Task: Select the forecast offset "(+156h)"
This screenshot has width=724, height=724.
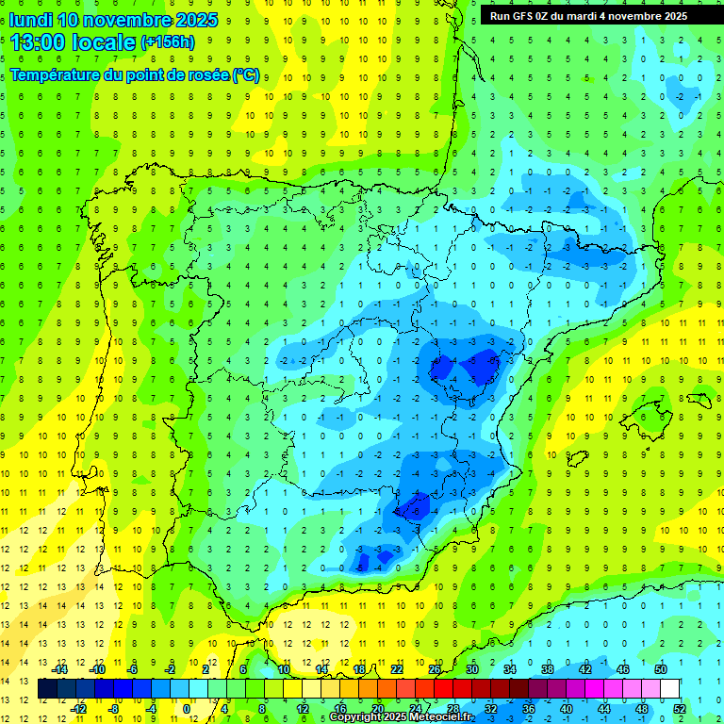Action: pos(168,41)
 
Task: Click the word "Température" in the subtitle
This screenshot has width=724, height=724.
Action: pos(55,75)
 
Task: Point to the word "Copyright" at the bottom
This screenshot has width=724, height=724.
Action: pos(356,717)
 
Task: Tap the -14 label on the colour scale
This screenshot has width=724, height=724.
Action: pos(60,669)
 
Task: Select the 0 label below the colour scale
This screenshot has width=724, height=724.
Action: pos(187,709)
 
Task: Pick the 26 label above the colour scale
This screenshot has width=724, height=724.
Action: pos(435,669)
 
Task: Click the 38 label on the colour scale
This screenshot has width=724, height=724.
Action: pos(547,669)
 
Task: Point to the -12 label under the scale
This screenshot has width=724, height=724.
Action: pos(79,709)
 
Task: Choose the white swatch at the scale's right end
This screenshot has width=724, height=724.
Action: pos(670,689)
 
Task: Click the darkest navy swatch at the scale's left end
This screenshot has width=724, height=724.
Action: pos(47,689)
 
